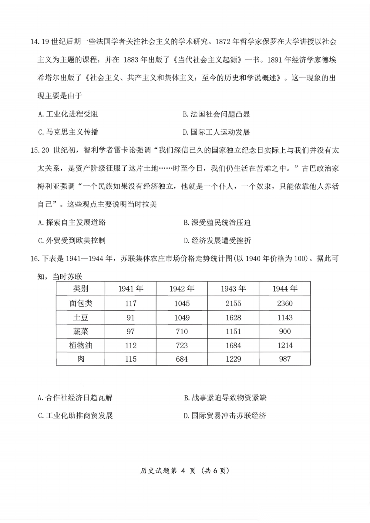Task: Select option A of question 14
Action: point(68,114)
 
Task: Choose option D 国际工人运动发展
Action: point(217,132)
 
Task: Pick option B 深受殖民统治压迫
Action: point(217,223)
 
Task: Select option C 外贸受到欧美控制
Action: point(72,240)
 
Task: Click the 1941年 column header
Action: point(131,289)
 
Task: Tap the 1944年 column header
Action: point(285,289)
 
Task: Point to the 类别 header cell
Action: point(81,289)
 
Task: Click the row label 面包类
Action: point(81,303)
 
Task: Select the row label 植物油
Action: point(81,345)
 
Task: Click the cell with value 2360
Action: point(285,303)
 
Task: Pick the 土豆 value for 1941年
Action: point(131,317)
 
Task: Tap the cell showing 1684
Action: point(233,345)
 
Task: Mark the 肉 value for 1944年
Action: point(285,359)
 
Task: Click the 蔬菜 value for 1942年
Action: point(182,332)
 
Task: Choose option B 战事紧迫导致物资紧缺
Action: point(225,398)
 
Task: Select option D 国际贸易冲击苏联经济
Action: point(225,416)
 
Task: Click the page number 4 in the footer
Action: point(183,471)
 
